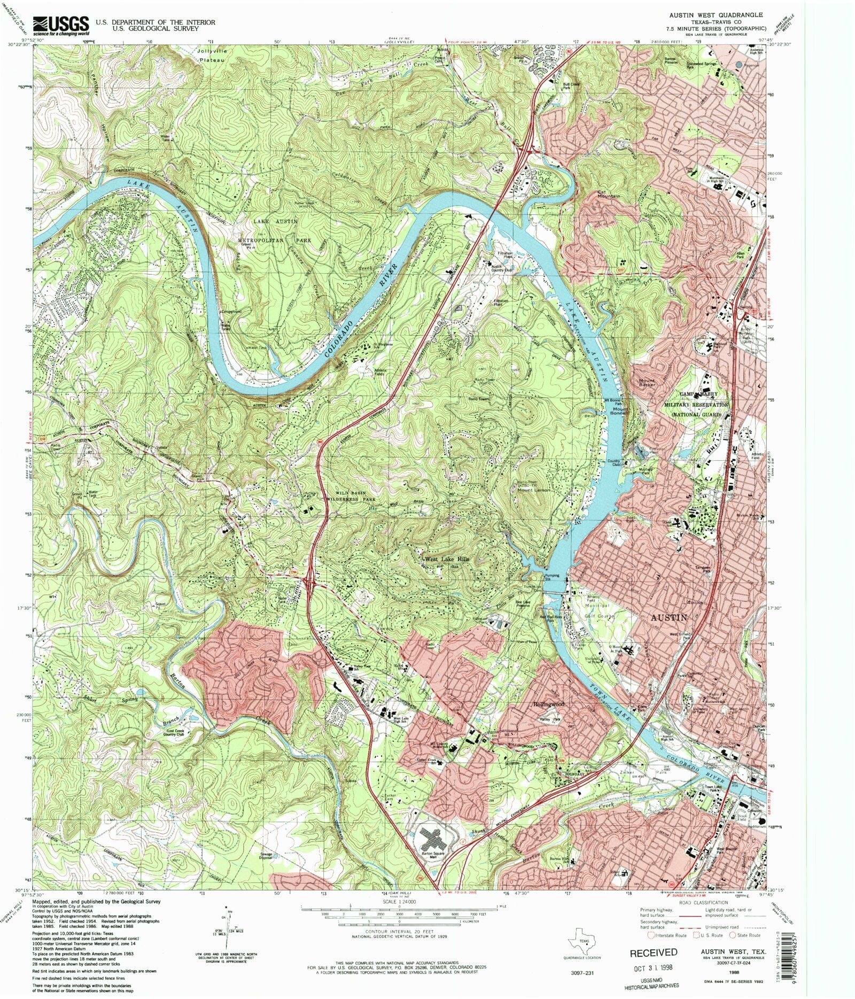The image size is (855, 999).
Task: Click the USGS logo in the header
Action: click(60, 25)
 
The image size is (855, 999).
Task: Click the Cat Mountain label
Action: click(608, 193)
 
